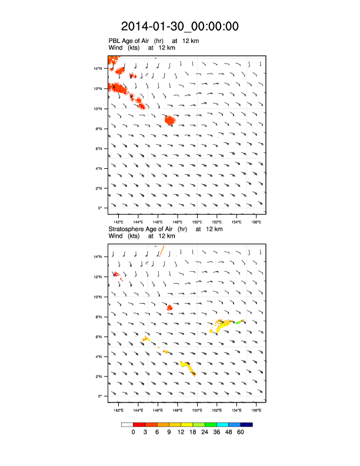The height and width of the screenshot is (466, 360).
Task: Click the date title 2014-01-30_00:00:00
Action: pyautogui.click(x=180, y=26)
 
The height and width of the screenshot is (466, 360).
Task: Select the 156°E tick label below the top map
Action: pyautogui.click(x=256, y=222)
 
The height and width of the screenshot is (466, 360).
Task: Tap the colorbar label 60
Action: pyautogui.click(x=240, y=432)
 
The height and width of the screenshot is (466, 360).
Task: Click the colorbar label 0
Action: pyautogui.click(x=134, y=432)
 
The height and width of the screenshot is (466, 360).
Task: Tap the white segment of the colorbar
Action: pyautogui.click(x=127, y=424)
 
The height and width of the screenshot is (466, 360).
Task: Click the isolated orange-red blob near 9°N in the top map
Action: pyautogui.click(x=170, y=120)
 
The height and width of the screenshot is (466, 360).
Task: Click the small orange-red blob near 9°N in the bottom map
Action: pyautogui.click(x=170, y=307)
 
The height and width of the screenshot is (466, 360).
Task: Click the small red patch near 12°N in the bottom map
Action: pyautogui.click(x=116, y=274)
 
